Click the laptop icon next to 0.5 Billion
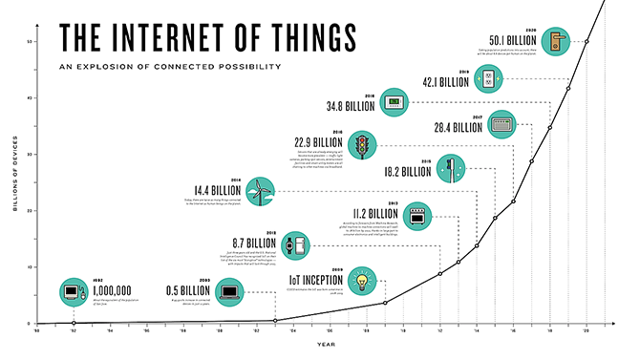click(230, 291)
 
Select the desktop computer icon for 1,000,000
click(73, 290)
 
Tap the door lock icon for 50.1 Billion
click(552, 41)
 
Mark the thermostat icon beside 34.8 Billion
click(393, 101)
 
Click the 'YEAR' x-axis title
click(326, 345)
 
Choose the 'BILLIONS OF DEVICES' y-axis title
click(17, 182)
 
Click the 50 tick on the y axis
click(31, 42)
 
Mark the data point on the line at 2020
click(587, 42)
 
